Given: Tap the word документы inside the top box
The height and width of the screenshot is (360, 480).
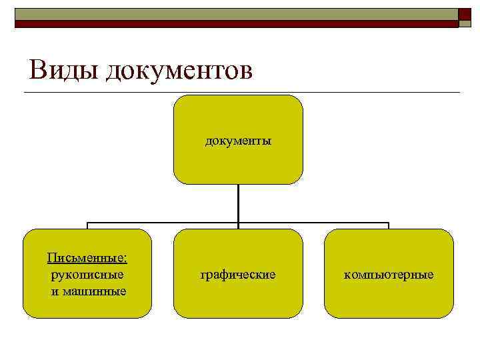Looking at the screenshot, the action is pyautogui.click(x=238, y=141).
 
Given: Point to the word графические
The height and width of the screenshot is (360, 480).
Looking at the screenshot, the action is pyautogui.click(x=238, y=274).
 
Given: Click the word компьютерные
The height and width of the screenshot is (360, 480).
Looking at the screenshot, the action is pyautogui.click(x=389, y=274).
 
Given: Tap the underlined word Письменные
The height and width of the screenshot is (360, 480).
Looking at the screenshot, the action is pyautogui.click(x=87, y=257).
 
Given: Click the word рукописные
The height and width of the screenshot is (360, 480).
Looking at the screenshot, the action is pyautogui.click(x=87, y=274).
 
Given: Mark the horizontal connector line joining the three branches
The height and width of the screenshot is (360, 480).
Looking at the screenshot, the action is pyautogui.click(x=160, y=223).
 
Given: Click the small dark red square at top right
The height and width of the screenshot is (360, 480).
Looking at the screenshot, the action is pyautogui.click(x=464, y=16).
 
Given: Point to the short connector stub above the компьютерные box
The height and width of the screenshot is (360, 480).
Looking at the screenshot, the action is pyautogui.click(x=389, y=226).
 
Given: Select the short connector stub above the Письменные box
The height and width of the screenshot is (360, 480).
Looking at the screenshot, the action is pyautogui.click(x=87, y=226).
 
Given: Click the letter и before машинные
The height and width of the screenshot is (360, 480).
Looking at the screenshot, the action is pyautogui.click(x=54, y=291).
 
